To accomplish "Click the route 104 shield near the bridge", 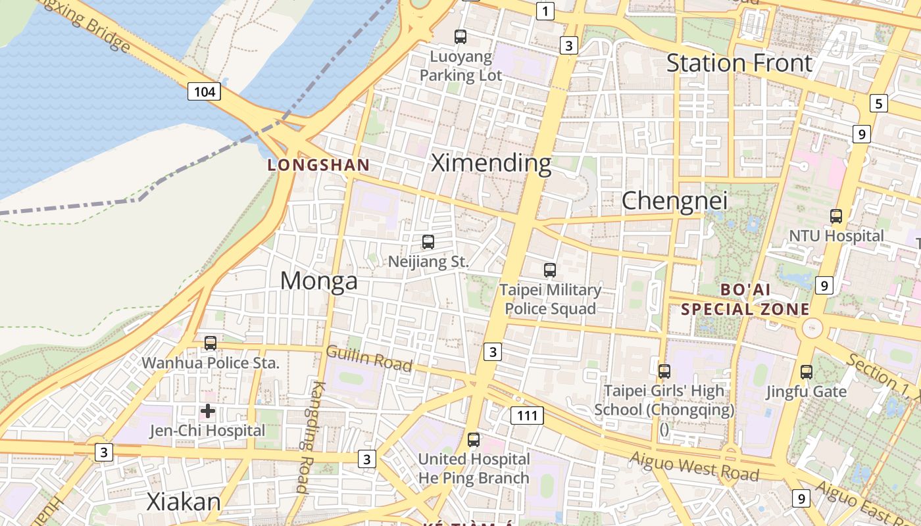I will [x=204, y=91].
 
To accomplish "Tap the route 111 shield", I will [x=527, y=415].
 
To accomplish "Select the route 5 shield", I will [x=878, y=103].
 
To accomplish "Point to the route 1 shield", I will [x=545, y=11].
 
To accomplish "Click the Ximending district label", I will [x=491, y=162].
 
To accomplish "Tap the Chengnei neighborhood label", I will [x=674, y=201].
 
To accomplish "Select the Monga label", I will [x=319, y=281].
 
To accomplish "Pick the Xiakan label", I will [x=184, y=502].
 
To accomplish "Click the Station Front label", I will [x=739, y=63].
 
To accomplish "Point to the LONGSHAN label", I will [x=318, y=165].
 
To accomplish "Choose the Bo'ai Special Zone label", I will [x=745, y=299].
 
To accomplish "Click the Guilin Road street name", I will [x=369, y=358].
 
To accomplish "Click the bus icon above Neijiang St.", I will [x=428, y=242].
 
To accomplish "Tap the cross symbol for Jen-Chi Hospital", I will [x=208, y=412].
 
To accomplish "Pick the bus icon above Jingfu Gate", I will [x=807, y=371].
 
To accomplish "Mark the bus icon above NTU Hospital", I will [x=836, y=216].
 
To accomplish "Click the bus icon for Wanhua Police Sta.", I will [x=211, y=343].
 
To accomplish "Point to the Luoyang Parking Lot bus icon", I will [x=460, y=37].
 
